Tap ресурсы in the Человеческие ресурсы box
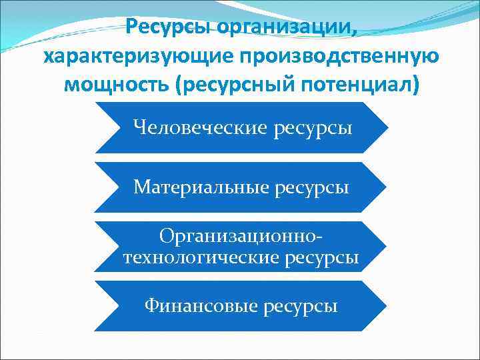tap(311, 127)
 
